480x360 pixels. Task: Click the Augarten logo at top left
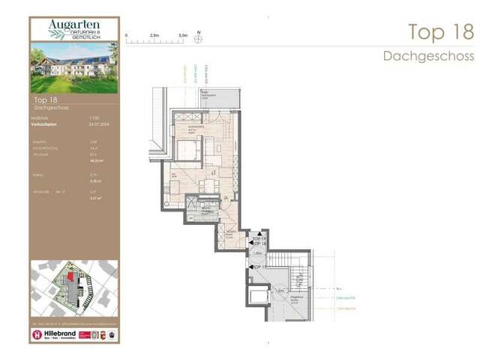pyautogui.click(x=73, y=29)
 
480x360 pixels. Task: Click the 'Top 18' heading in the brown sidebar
pyautogui.click(x=47, y=99)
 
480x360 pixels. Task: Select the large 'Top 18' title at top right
pyautogui.click(x=440, y=32)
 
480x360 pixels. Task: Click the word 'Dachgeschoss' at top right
pyautogui.click(x=428, y=55)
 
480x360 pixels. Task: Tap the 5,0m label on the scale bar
pyautogui.click(x=182, y=34)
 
